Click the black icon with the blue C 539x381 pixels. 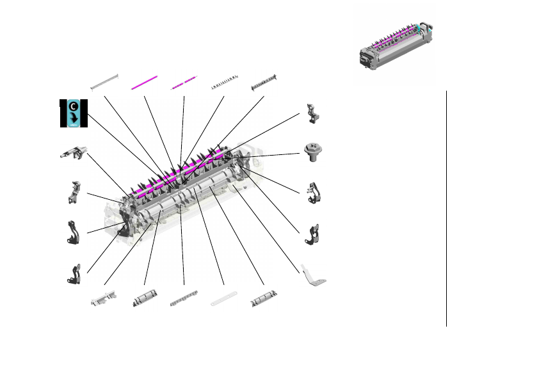point(73,113)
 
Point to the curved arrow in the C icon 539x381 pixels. point(74,118)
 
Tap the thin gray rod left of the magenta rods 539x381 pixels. point(104,82)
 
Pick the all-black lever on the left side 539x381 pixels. point(73,232)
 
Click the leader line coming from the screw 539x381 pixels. point(269,154)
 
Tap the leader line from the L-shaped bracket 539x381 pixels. point(269,224)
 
